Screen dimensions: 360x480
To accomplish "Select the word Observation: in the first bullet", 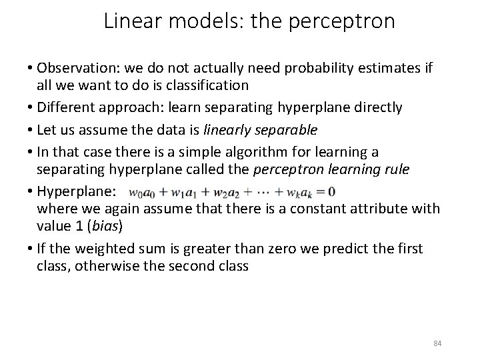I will click(75, 68).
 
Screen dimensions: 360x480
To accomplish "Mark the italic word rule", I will click(396, 169).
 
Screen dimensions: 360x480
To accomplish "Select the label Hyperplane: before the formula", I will click(76, 191).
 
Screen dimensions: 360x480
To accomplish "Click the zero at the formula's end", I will click(331, 191).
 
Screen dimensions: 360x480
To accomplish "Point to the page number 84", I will click(437, 343).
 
